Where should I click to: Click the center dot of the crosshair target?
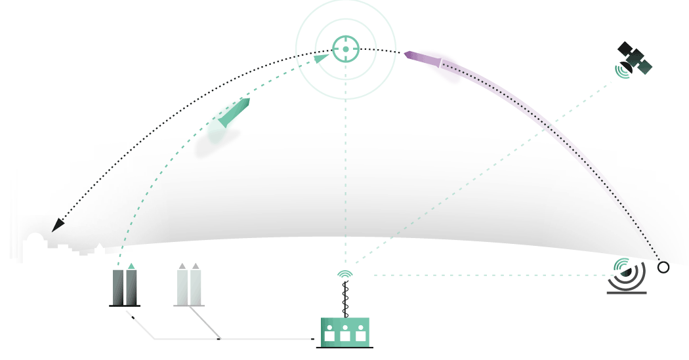(x=346, y=49)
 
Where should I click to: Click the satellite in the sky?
(x=635, y=58)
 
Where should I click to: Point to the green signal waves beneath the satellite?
(x=621, y=71)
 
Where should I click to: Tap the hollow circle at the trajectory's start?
(x=663, y=268)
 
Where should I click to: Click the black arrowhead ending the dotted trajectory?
(x=58, y=225)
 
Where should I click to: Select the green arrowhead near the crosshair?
(x=322, y=58)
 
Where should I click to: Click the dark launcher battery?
(x=125, y=287)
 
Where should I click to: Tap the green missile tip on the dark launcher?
(x=131, y=266)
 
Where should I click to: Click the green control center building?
(x=345, y=330)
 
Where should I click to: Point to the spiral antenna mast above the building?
(x=345, y=299)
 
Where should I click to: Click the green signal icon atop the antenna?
(x=345, y=273)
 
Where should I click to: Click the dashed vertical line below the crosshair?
(x=346, y=164)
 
